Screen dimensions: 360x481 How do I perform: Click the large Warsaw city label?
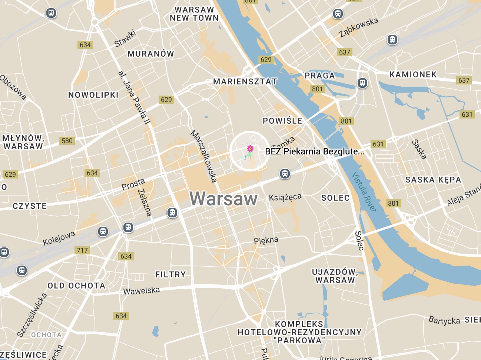pos(223,199)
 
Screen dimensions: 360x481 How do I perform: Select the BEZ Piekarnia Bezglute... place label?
pos(315,151)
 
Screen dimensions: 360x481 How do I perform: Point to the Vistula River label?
pos(364,191)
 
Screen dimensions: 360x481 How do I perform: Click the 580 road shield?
pos(67,141)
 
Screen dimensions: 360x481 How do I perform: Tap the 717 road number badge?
pos(82,250)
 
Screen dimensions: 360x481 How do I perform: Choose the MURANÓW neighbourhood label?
pos(151,54)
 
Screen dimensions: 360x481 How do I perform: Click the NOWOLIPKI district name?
pos(93,95)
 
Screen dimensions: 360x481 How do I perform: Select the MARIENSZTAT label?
pos(245,82)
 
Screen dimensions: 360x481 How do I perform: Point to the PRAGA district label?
pos(320,76)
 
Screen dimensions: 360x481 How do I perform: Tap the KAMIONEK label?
pos(413,75)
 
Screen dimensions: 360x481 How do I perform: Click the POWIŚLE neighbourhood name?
pos(282,121)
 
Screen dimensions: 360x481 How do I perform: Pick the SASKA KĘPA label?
pos(433,180)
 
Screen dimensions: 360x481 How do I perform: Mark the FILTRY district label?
pos(170,274)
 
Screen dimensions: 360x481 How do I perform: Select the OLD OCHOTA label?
pos(76,286)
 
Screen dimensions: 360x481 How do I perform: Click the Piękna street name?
pos(266,240)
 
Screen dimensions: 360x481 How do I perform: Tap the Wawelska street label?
pos(142,291)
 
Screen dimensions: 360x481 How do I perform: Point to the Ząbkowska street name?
pos(359,27)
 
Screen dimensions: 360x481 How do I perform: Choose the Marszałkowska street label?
pos(203,156)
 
